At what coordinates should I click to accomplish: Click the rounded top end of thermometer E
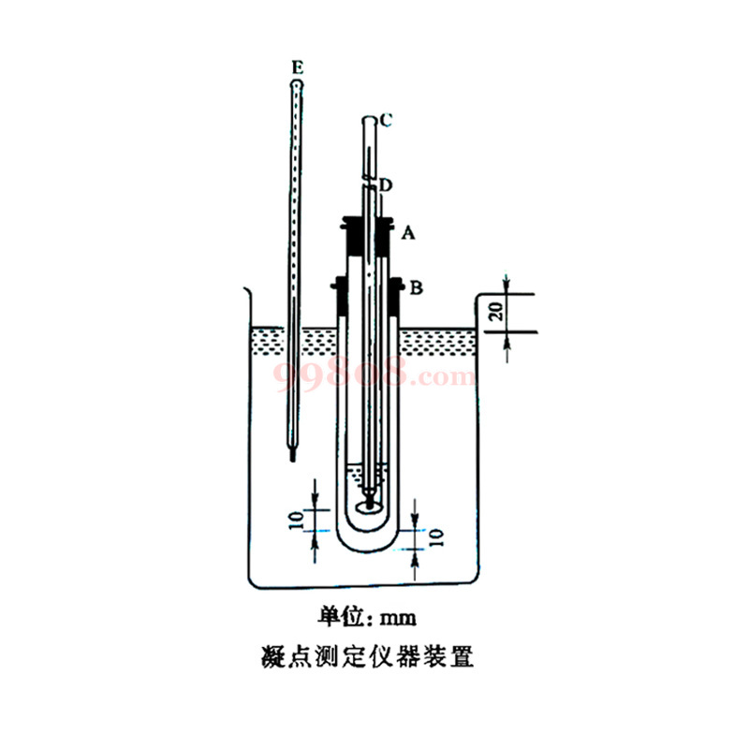[x=297, y=82]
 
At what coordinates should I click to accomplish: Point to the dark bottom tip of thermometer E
[x=293, y=457]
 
